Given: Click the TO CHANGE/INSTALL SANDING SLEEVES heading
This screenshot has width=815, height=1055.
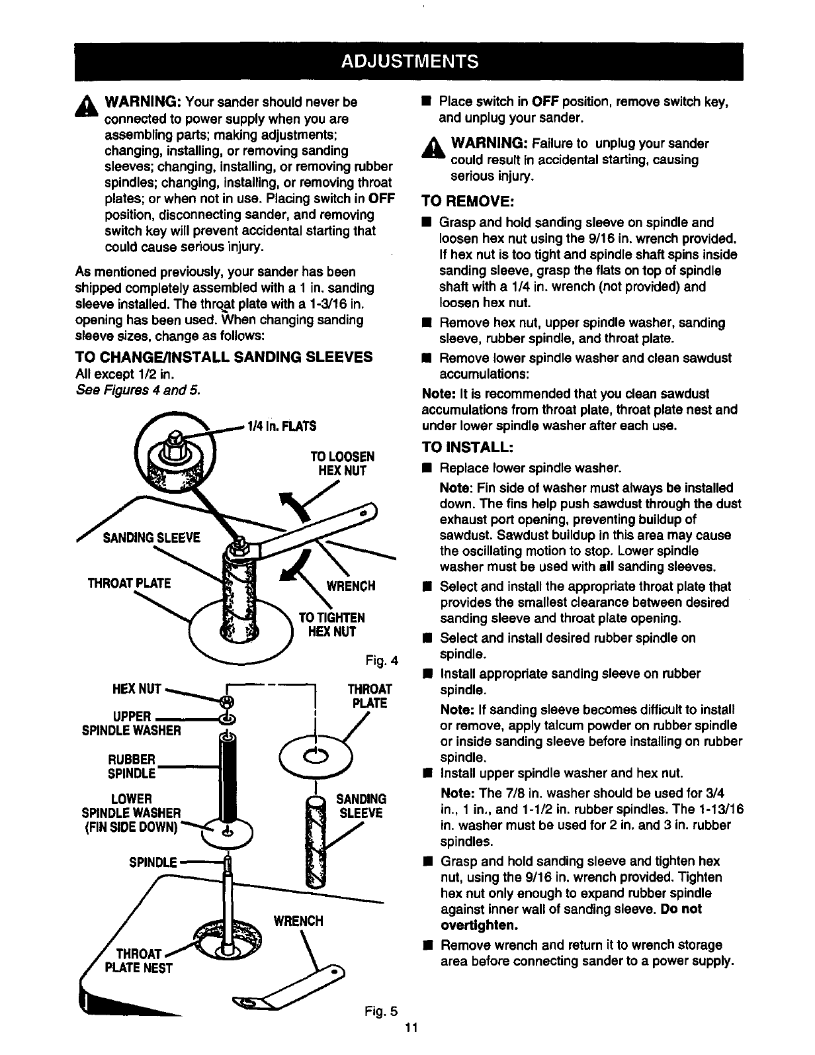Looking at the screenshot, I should [224, 357].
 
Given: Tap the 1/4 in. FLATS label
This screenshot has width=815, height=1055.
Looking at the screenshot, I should [280, 425].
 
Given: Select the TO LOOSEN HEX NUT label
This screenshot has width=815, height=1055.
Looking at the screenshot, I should [342, 463].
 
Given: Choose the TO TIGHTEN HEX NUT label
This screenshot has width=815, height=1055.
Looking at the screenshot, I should [331, 624].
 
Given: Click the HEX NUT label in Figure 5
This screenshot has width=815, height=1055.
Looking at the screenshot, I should [138, 689].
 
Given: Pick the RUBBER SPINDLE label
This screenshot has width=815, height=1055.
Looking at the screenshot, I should [134, 766].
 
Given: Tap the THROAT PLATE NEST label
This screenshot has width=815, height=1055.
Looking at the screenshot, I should [139, 961].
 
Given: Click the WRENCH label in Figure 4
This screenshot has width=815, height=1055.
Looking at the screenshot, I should [351, 586].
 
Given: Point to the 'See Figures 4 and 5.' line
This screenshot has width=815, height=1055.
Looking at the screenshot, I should [138, 389].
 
